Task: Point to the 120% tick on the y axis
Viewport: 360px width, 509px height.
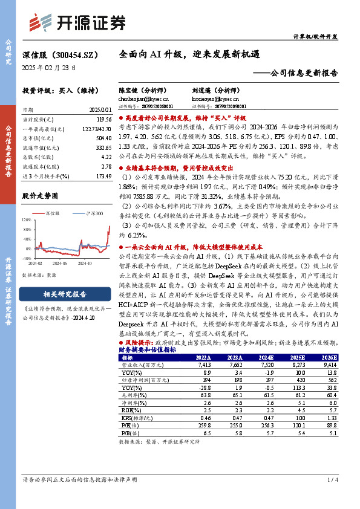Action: [x=25, y=220]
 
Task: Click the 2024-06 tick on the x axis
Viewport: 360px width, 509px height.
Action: [x=59, y=263]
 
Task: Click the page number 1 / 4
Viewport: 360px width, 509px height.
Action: [x=332, y=496]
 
